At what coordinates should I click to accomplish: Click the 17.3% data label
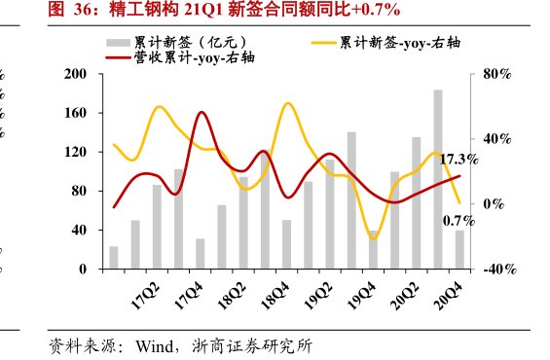(458, 159)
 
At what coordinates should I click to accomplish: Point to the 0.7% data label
(458, 221)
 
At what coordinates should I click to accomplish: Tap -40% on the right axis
(494, 270)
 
